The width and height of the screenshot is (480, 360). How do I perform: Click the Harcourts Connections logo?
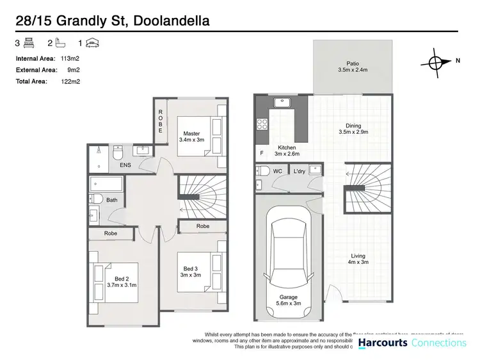412,343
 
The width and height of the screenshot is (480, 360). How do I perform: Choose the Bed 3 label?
191,272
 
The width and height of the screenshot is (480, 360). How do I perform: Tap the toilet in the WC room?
262,172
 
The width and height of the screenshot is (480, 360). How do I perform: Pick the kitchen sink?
282,102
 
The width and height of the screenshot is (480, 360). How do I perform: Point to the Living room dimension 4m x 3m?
357,262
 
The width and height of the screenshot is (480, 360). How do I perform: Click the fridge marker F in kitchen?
261,154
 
